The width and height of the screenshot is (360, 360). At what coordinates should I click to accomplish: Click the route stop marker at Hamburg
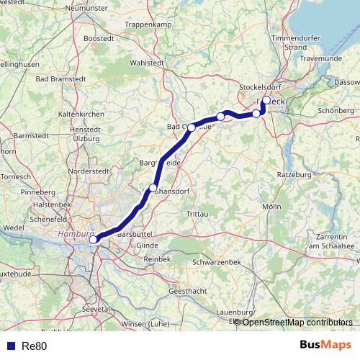pos(94,240)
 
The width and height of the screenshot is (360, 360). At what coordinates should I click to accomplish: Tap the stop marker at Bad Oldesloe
pos(192,127)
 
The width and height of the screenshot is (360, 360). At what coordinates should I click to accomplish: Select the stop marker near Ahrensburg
pos(153,189)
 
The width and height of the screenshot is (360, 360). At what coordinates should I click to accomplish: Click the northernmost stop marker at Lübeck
pos(266,100)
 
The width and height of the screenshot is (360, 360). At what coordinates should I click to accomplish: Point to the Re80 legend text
pos(32,346)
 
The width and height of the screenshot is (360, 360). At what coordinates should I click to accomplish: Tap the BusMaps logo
pos(325,345)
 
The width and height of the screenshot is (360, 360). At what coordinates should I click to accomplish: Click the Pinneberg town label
pos(38,193)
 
